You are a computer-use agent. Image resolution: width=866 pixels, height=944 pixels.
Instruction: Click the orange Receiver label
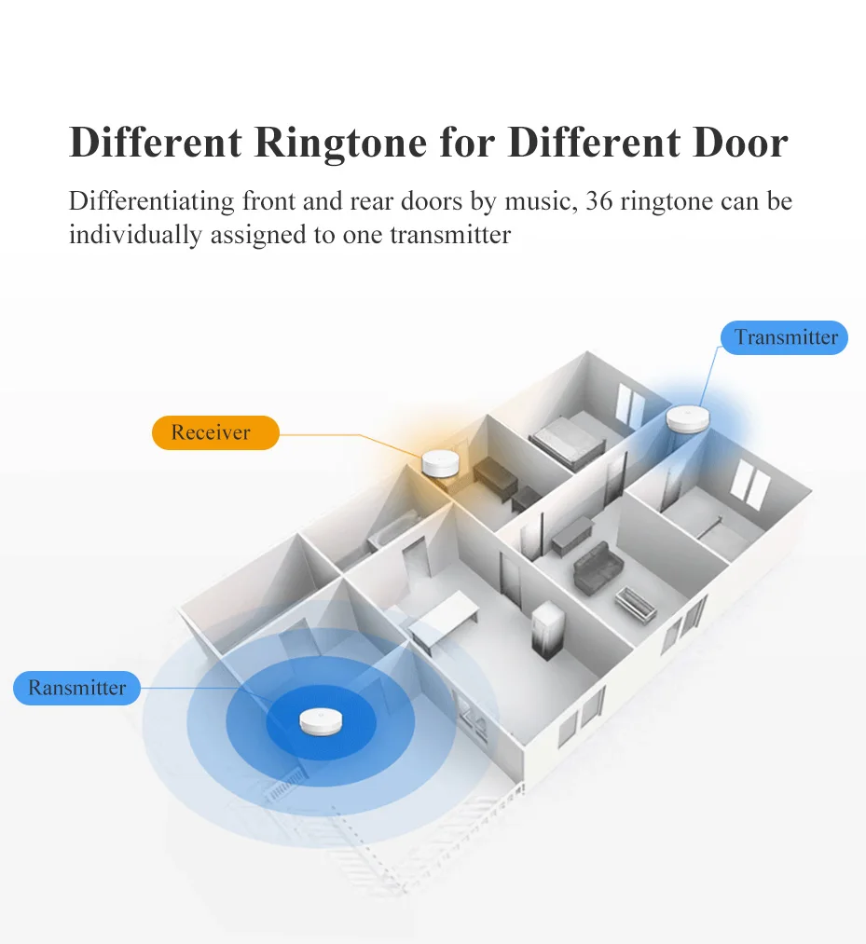(215, 433)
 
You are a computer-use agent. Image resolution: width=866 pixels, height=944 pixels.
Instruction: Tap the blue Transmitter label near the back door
(785, 337)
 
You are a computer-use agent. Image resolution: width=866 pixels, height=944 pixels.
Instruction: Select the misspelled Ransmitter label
(76, 689)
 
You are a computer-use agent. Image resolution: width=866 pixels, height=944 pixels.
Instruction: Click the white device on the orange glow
(438, 463)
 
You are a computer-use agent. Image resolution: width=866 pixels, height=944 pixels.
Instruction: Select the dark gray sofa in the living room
(591, 568)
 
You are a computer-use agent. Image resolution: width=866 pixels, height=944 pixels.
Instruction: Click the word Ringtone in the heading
(372, 143)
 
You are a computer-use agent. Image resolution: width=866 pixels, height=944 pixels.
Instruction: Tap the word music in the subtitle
(539, 202)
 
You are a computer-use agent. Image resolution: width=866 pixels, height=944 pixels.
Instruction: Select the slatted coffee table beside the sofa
(636, 602)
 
